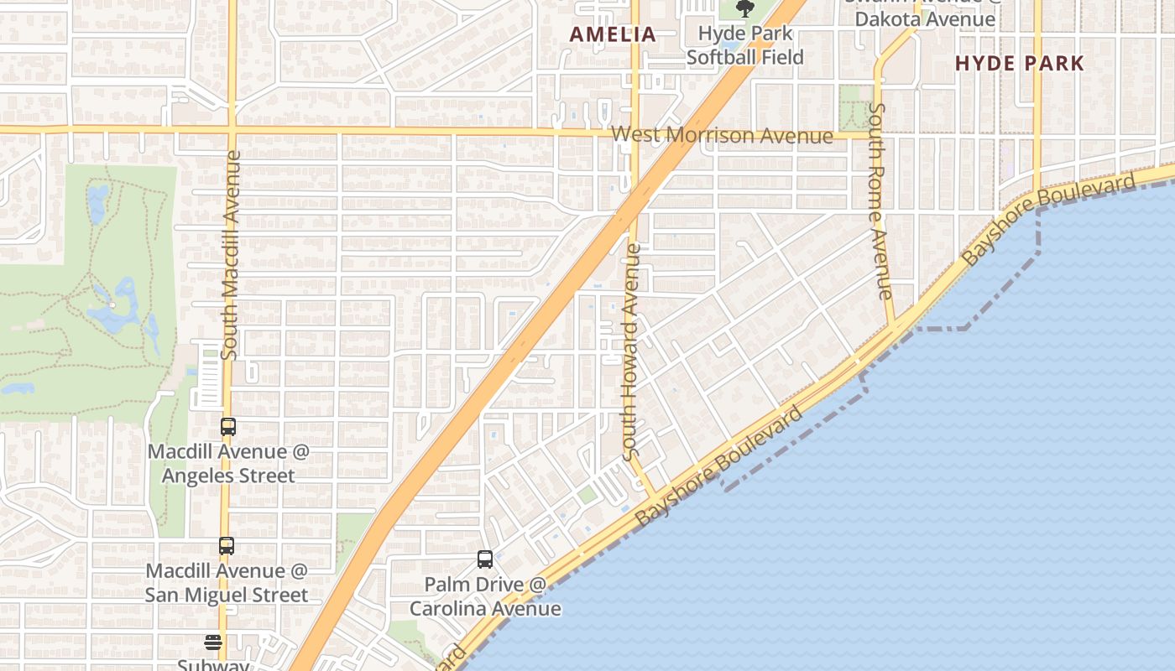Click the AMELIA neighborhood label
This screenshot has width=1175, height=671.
coord(613,34)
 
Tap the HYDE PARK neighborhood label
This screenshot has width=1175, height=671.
coord(1020,63)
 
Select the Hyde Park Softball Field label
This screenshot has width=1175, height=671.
coord(745,46)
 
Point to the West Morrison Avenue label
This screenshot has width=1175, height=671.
coord(722,135)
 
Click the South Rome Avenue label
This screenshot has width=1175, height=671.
coord(880,201)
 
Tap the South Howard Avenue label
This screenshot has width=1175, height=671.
coord(633,352)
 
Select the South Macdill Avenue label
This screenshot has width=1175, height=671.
coord(231,256)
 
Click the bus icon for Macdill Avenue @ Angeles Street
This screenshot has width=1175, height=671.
coord(227,427)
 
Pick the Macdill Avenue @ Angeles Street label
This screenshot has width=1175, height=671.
coord(228,464)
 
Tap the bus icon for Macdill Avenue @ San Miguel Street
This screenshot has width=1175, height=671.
coord(226,546)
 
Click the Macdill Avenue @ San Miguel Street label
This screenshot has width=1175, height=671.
coord(227,583)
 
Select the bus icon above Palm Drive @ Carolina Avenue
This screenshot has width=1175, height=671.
coord(484,559)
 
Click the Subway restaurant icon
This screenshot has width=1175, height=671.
coord(213,642)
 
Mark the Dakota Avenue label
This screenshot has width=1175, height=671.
coord(925,18)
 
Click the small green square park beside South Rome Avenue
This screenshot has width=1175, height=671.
coord(855,107)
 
